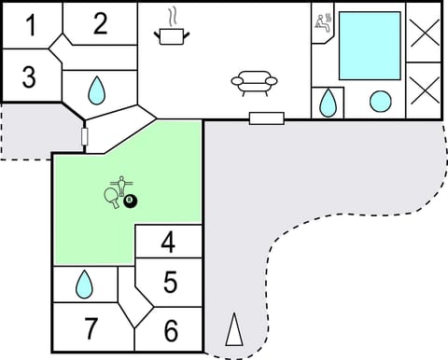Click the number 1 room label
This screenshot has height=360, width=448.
point(31,25)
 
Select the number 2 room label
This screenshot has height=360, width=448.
point(100,23)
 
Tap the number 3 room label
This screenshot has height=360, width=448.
point(29,76)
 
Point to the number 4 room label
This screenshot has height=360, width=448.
point(168,242)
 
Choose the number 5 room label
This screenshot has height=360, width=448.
point(170,281)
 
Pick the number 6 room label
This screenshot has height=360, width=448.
point(170,330)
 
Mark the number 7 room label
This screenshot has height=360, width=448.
point(91,329)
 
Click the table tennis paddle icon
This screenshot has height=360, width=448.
point(113,196)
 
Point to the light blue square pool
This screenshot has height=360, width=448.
point(369,46)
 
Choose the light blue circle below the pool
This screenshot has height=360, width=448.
point(380,102)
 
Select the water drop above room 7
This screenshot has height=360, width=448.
point(84,284)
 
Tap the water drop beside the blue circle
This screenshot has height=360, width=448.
point(329,102)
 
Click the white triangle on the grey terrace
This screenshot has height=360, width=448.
point(234,330)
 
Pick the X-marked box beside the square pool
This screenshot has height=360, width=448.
point(425,31)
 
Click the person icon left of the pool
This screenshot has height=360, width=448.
point(324,22)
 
